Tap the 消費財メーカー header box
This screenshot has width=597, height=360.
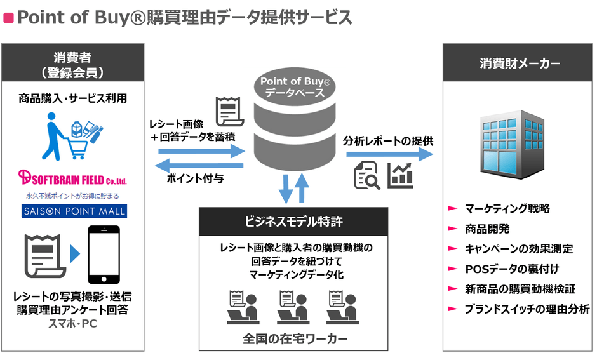click(520, 64)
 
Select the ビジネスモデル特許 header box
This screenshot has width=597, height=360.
click(293, 222)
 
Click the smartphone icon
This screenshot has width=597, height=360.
click(104, 254)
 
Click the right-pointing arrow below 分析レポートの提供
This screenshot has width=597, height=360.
click(391, 154)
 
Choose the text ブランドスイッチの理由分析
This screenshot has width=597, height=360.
click(527, 309)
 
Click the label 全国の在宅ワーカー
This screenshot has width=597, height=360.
click(295, 339)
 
